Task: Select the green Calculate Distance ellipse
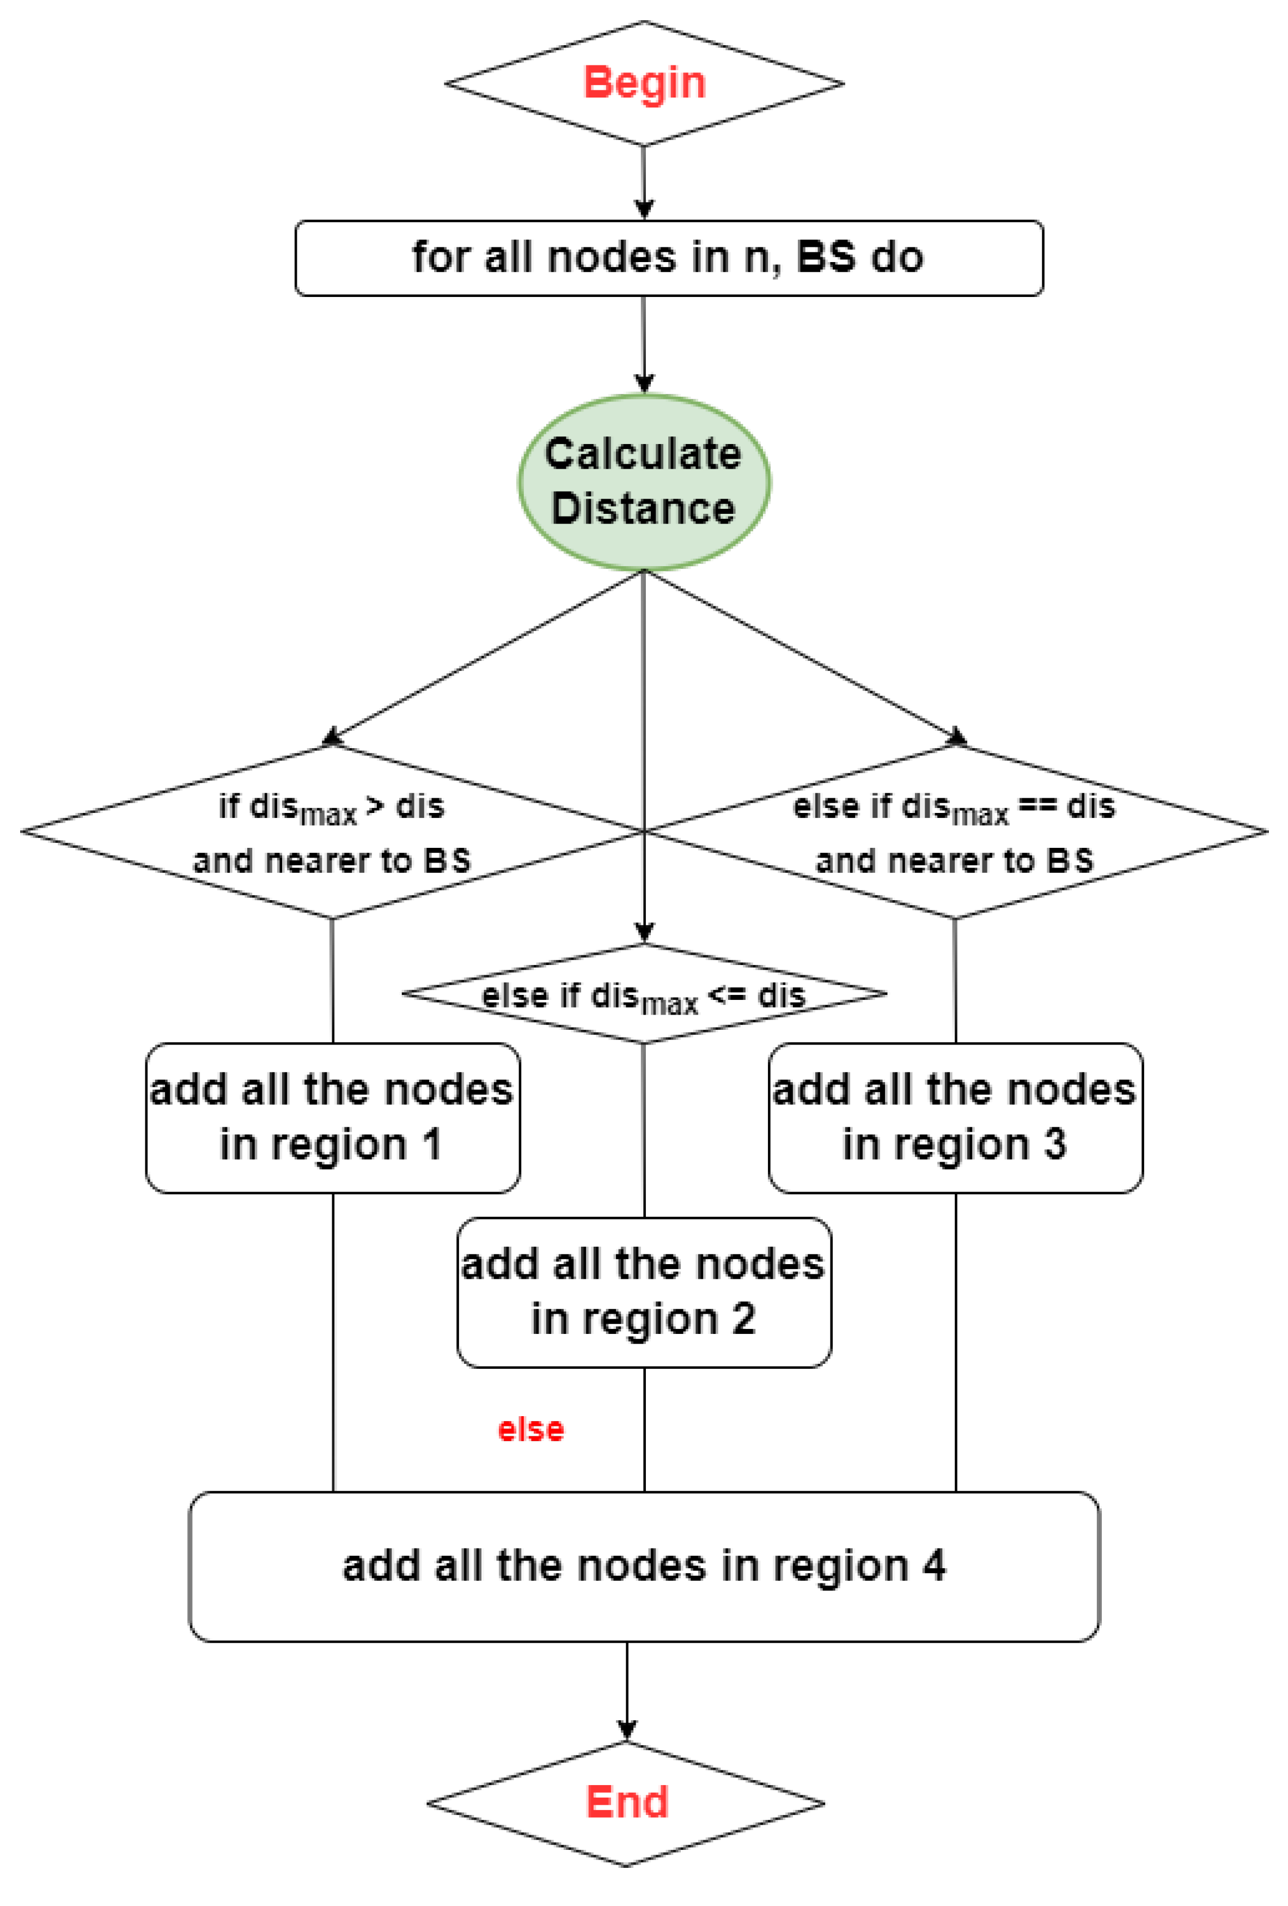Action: [x=644, y=482]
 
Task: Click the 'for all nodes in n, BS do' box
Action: [x=668, y=258]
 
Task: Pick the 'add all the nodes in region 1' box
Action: [x=332, y=1117]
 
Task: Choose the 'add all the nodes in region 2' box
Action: [x=644, y=1292]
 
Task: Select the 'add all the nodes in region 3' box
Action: [x=955, y=1117]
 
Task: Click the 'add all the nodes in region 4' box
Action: [x=644, y=1567]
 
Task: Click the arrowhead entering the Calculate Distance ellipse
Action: [x=644, y=384]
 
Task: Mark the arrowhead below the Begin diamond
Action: [x=644, y=209]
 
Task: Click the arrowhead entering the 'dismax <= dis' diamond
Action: [x=644, y=932]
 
